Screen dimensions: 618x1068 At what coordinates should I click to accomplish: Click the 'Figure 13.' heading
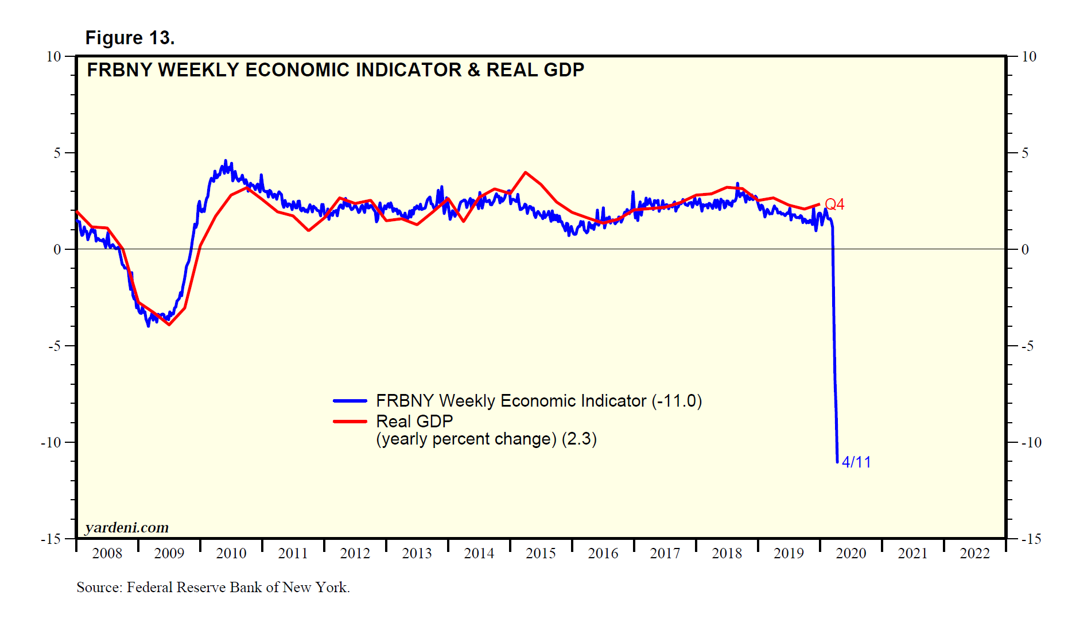point(130,38)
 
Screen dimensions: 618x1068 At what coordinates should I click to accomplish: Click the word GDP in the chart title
point(564,70)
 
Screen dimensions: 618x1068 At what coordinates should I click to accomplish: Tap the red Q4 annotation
point(834,204)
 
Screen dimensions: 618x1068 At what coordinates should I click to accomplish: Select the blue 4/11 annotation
point(856,462)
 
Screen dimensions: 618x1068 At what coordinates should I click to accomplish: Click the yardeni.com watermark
point(127,527)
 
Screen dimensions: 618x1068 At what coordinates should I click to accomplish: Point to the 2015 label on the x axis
point(541,553)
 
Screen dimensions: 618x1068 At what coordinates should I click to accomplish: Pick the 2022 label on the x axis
point(974,553)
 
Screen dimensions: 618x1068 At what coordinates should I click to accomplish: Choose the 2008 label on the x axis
point(107,553)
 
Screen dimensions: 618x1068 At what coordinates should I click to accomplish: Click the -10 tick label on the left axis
point(51,442)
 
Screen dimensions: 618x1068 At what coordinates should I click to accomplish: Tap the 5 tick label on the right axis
point(1024,153)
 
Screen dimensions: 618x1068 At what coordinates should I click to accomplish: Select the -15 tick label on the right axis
point(1031,539)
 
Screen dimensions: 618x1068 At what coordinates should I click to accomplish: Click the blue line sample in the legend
point(350,401)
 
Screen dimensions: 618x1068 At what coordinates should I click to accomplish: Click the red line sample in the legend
point(350,422)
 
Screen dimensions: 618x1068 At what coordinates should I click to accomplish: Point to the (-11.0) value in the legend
point(677,401)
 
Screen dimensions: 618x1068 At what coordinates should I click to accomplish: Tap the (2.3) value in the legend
point(579,439)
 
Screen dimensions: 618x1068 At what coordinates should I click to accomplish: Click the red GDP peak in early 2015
point(525,172)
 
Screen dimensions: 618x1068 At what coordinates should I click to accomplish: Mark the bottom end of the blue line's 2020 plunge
point(837,461)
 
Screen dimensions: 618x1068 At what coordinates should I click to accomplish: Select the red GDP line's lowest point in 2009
point(169,325)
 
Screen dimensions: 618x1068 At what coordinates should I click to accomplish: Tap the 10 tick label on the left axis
point(53,56)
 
